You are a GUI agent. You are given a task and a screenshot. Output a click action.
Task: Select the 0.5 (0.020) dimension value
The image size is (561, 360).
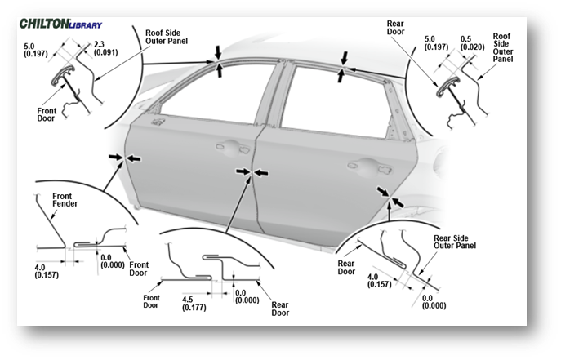tap(467, 42)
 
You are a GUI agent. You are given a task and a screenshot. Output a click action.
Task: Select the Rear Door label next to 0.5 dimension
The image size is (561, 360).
tap(397, 28)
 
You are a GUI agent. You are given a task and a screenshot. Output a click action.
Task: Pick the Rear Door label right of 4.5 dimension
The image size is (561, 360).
tap(279, 309)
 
